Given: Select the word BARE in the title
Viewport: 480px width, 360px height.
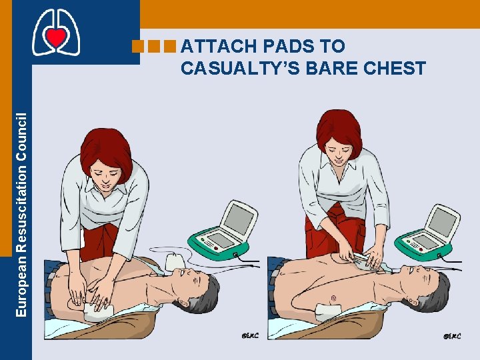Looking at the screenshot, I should coord(330,68).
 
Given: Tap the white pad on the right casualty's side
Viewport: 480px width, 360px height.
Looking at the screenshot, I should coord(331,310).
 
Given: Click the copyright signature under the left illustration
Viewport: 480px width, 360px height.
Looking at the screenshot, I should coord(250,335).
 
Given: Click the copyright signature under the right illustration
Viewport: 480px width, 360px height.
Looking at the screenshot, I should coord(451,335).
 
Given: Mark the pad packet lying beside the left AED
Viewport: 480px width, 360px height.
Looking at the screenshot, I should coord(177,260).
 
